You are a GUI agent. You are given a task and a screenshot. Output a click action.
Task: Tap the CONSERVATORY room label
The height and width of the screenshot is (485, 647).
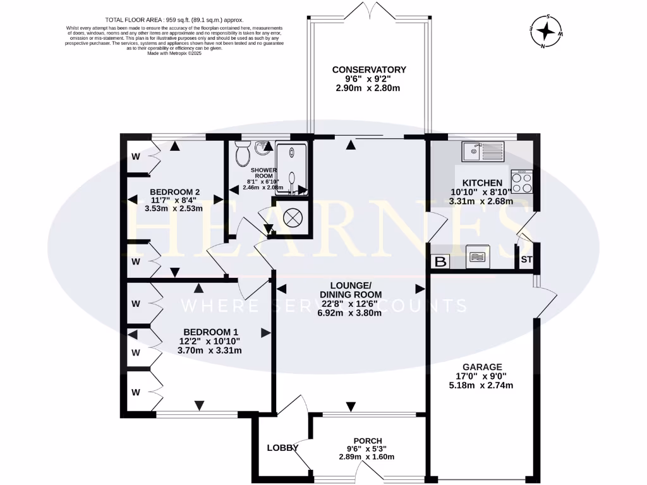pyautogui.click(x=368, y=69)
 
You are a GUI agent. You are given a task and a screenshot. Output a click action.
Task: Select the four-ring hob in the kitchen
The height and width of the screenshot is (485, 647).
pyautogui.click(x=522, y=182)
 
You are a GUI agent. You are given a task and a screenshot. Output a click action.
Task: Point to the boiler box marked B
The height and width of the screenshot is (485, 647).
pyautogui.click(x=440, y=261)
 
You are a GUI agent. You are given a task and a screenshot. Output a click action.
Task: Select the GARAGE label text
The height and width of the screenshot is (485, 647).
pyautogui.click(x=481, y=367)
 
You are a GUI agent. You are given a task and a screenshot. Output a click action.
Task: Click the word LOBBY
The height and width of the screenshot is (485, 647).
pyautogui.click(x=282, y=448)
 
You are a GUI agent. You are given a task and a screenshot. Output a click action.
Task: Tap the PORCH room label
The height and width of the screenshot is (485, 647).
pyautogui.click(x=368, y=441)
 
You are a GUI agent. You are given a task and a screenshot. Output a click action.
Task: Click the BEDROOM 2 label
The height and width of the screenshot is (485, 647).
pyautogui.click(x=174, y=192)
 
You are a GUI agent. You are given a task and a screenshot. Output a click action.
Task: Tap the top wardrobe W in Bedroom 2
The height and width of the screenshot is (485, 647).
pyautogui.click(x=136, y=156)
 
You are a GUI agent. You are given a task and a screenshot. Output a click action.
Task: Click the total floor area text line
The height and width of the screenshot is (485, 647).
pyautogui.click(x=174, y=20)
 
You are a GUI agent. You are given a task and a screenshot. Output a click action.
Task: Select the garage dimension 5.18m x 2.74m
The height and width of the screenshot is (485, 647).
pyautogui.click(x=481, y=386)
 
